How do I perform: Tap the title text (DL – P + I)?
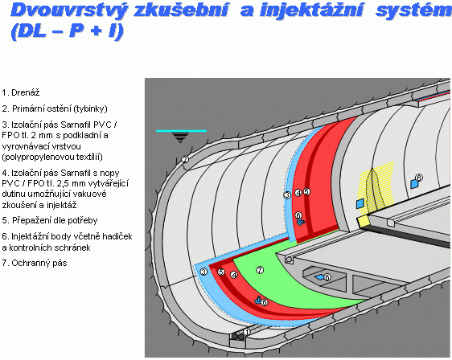68,31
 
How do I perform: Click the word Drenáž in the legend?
26,92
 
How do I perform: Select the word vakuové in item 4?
91,194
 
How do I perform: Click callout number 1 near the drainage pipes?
246,332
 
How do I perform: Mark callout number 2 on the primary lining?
185,159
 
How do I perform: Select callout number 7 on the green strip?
260,270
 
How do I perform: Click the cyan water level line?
181,131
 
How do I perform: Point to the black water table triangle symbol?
180,137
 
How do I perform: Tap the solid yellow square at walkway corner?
364,222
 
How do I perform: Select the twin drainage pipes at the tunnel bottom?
238,337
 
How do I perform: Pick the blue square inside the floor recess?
319,277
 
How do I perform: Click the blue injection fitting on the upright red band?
301,222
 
